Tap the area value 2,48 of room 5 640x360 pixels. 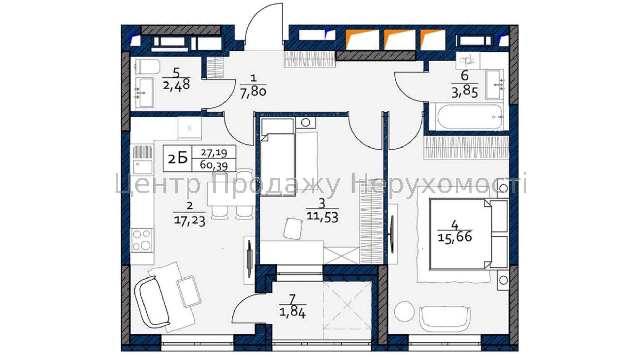coord(177,84)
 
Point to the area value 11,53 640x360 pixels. coord(322,217)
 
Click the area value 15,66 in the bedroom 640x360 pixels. coord(455,237)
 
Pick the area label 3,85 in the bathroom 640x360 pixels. coord(465,92)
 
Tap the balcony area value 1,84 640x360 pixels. coord(292,313)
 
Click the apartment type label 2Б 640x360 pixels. coord(178,158)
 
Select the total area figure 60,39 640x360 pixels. coord(214,165)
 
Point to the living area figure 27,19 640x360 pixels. coord(214,153)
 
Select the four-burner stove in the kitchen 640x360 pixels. coord(142,240)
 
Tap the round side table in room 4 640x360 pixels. coord(404,311)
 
